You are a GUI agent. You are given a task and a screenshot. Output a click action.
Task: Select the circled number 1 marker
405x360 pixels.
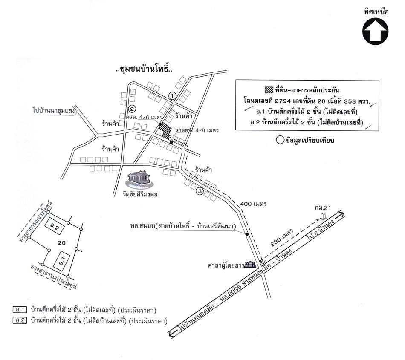click(172, 96)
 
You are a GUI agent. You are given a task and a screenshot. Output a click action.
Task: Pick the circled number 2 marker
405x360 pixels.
click(132, 108)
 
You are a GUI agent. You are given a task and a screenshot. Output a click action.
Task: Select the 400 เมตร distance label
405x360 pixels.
click(253, 204)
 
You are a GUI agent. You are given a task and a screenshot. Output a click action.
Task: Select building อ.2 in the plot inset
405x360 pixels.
click(57, 228)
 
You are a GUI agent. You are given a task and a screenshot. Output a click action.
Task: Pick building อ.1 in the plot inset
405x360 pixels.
click(62, 259)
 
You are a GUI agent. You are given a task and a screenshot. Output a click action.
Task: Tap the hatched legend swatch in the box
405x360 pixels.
click(269, 90)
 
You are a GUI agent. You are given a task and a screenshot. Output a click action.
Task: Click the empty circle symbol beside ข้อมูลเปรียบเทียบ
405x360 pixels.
click(280, 140)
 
